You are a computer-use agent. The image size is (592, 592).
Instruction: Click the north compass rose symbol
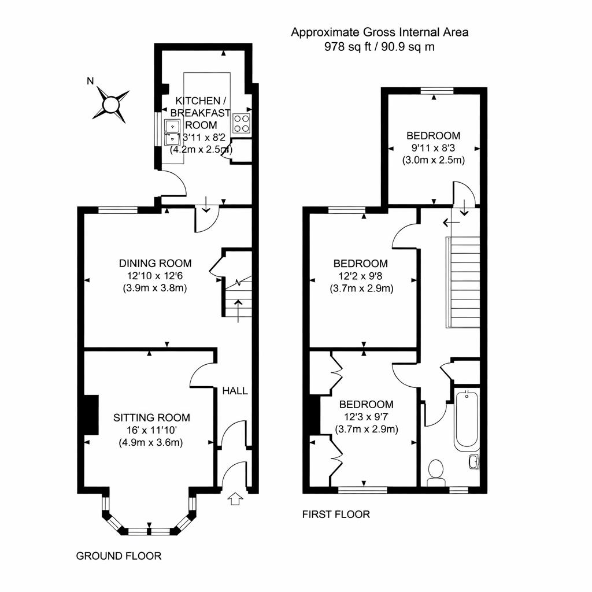(110, 105)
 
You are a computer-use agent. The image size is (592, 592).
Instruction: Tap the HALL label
(235, 391)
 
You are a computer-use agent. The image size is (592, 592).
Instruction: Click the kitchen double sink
(172, 132)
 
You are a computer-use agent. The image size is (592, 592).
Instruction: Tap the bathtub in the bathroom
(466, 421)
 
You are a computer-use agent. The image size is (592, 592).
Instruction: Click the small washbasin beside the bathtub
(473, 461)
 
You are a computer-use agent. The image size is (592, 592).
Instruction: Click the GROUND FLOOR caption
(119, 556)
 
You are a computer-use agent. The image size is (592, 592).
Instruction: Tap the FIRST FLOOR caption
(336, 514)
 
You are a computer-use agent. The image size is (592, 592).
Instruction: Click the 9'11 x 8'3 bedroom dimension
(434, 148)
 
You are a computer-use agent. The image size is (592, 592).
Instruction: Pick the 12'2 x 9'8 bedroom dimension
(364, 276)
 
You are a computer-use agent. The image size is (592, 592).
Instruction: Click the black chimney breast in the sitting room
(90, 414)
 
